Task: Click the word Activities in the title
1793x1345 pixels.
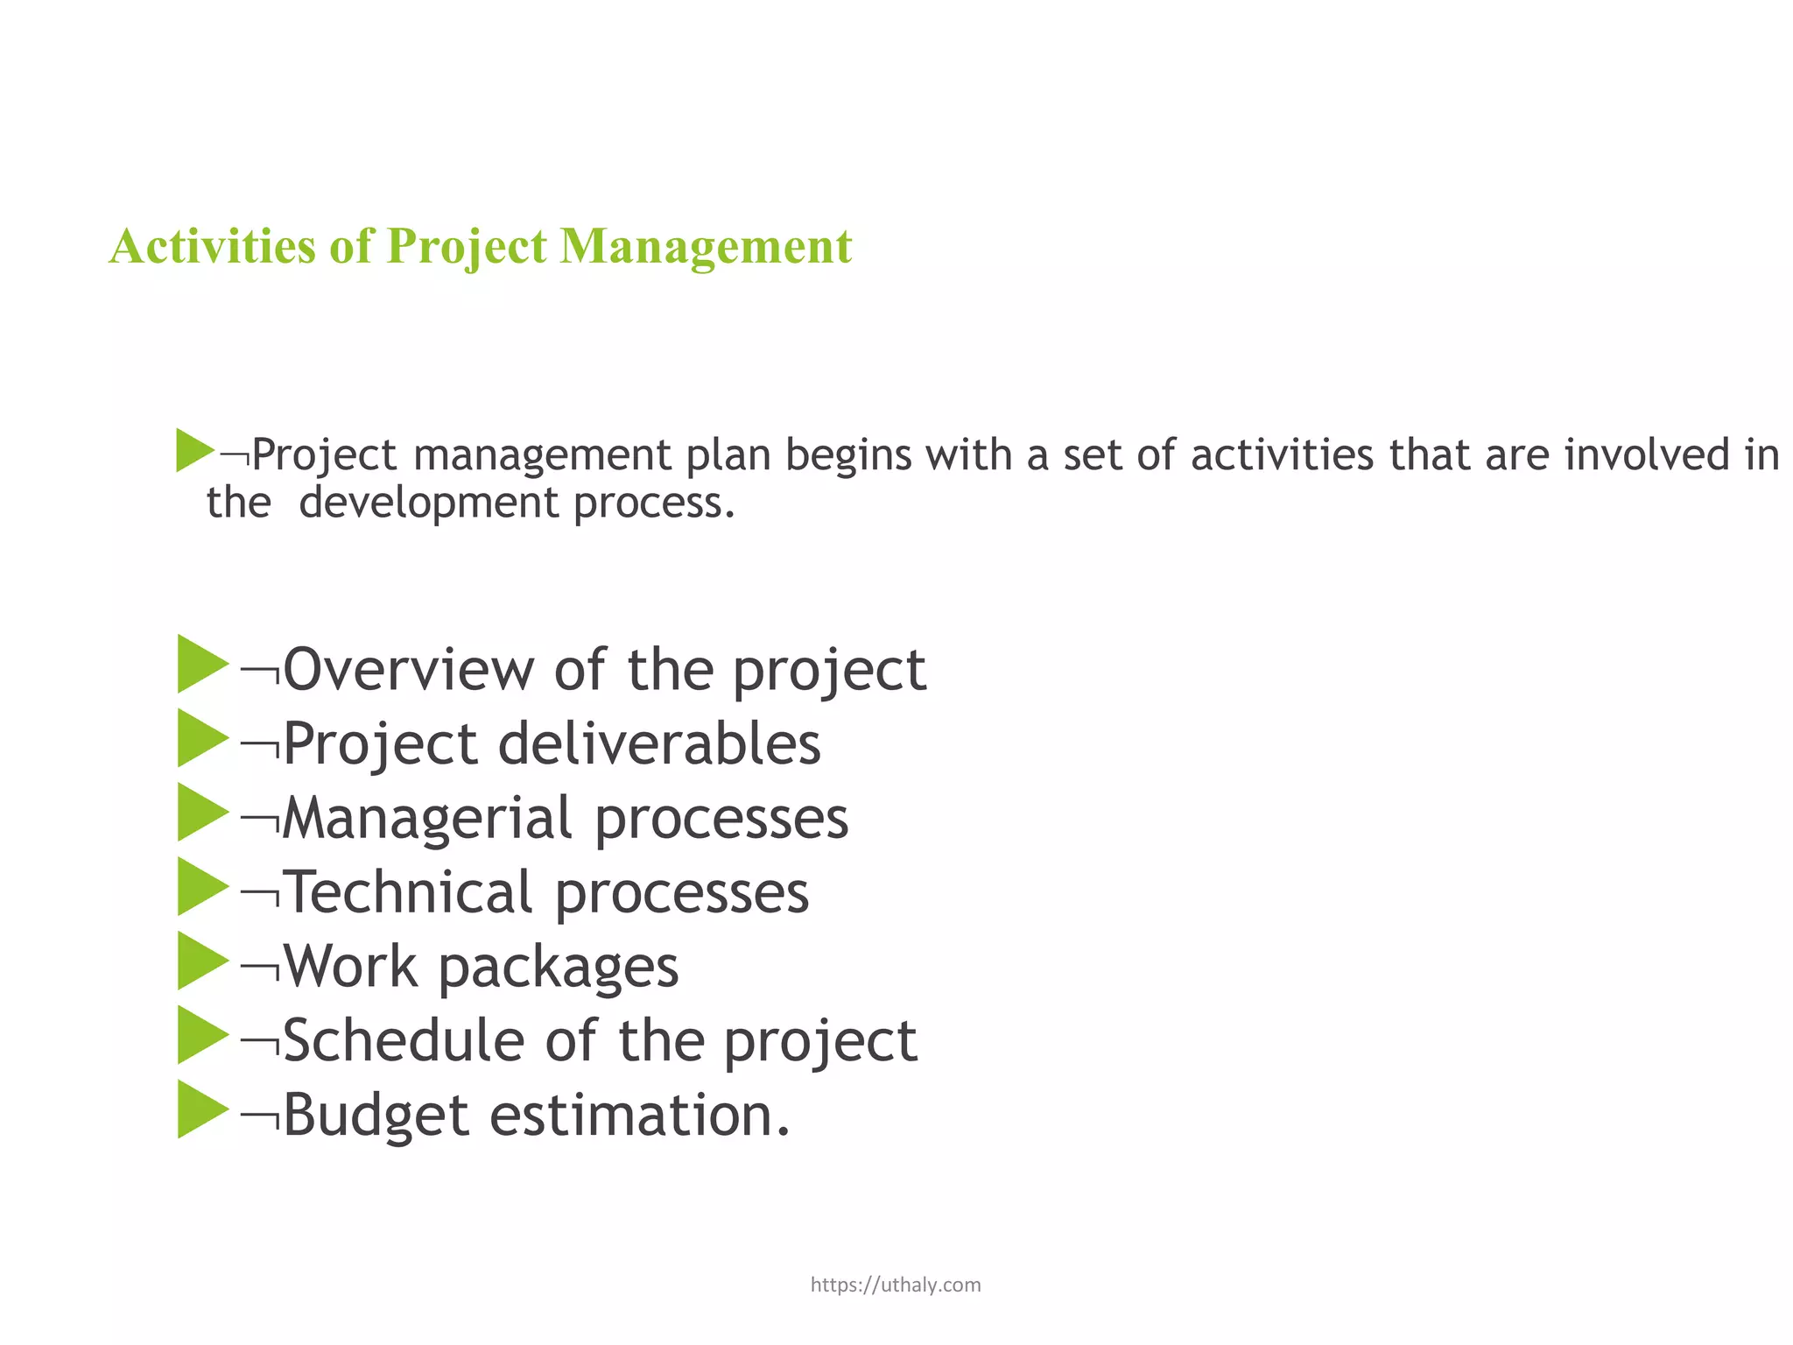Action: (211, 246)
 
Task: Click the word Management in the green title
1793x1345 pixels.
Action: (705, 246)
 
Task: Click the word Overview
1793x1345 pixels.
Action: (408, 670)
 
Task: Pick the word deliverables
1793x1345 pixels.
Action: (659, 744)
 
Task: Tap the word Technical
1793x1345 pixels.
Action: (409, 892)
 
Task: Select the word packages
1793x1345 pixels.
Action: (558, 967)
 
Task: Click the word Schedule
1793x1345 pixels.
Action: (404, 1041)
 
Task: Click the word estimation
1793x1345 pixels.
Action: (639, 1116)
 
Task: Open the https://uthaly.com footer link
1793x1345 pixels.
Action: (896, 1285)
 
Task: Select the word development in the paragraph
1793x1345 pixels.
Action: (428, 503)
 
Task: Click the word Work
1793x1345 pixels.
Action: (350, 967)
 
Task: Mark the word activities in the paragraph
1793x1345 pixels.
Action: (1282, 455)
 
